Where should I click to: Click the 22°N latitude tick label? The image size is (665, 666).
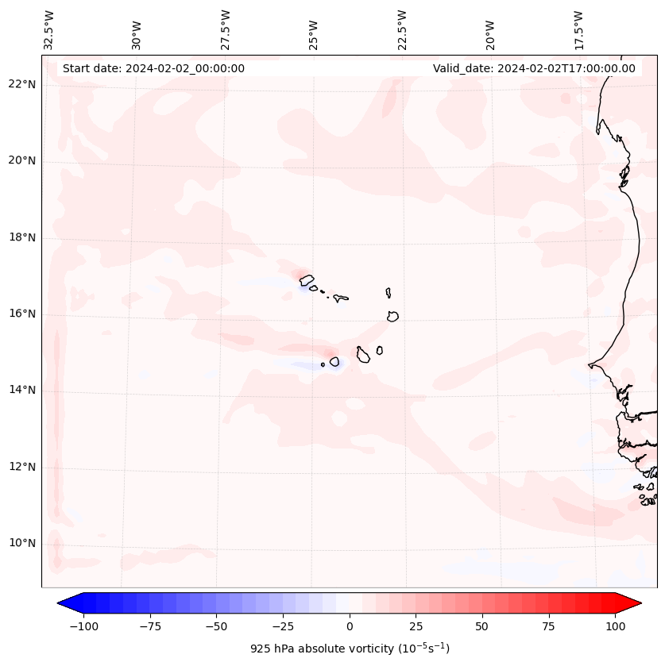coord(23,85)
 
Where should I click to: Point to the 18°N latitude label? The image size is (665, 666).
coord(23,237)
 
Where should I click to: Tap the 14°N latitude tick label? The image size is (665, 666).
coord(23,390)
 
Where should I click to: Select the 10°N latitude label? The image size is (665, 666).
coord(23,543)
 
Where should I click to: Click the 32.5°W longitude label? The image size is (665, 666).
coord(49,29)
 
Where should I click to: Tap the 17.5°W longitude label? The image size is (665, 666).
coord(578,29)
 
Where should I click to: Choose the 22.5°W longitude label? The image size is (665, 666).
coord(402,29)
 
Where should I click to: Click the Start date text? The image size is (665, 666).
coord(153,68)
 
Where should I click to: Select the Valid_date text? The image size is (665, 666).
coord(534,68)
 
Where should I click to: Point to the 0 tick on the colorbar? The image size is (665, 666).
coord(349,626)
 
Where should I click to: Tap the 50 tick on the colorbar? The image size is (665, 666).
coord(481,626)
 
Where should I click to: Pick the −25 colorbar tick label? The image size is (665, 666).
coord(283,626)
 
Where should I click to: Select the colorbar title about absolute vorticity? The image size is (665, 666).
coord(350,649)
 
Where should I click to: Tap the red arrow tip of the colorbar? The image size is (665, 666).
coord(636,603)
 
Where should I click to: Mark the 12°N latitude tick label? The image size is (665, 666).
coord(23,467)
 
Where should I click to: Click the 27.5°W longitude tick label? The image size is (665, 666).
coord(226,29)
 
